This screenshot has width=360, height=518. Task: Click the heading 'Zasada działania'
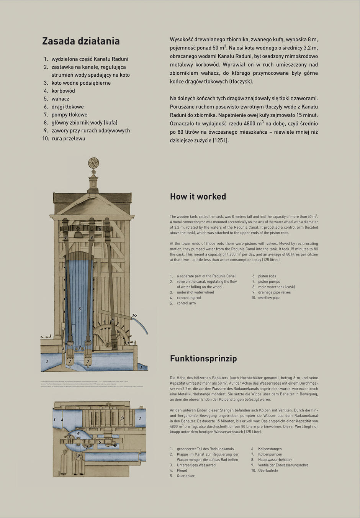point(81,41)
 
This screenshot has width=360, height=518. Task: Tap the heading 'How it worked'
point(198,197)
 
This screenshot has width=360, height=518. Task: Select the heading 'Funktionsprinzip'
point(203,359)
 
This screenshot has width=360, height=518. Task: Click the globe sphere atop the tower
point(93,163)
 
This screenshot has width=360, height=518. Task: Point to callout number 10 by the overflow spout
point(134,316)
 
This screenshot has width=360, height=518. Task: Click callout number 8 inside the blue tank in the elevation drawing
point(80,308)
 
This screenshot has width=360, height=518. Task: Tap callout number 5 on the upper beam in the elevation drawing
point(100,229)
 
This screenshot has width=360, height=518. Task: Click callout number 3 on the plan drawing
point(122,418)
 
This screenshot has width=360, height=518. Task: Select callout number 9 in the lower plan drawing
point(79,456)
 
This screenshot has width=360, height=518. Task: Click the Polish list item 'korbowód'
point(63,91)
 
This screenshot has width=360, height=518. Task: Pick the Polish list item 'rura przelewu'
point(68,139)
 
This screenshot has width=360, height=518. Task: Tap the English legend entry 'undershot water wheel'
point(195,292)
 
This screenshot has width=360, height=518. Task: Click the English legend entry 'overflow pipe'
point(268,298)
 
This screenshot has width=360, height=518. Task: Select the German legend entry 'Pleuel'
point(182,470)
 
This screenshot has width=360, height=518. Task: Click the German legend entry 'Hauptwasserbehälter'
point(275,460)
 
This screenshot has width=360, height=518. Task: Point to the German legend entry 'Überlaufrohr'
point(268,470)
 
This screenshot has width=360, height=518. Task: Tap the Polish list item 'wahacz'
point(60,99)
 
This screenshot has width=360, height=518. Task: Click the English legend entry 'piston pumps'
point(269,282)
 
